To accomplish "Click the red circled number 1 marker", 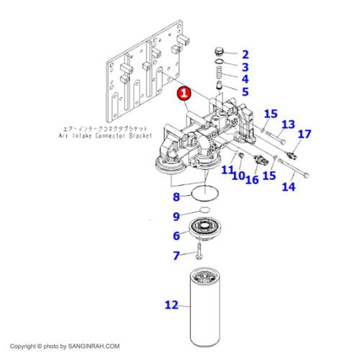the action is click(x=184, y=93).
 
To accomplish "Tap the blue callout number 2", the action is click(x=245, y=55).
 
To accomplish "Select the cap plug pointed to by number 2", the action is click(x=219, y=52).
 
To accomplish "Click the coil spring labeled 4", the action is click(x=218, y=72).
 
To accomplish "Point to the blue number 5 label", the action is click(x=245, y=91).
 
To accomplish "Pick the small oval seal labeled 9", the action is click(x=205, y=210).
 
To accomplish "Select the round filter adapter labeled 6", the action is click(x=204, y=228).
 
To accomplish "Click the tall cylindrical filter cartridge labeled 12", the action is click(x=205, y=307).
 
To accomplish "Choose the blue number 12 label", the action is click(x=171, y=305).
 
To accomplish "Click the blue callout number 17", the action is click(x=305, y=134).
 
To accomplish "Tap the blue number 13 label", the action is click(x=288, y=125).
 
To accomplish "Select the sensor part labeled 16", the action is click(x=260, y=161).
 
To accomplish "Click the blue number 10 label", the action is click(x=238, y=176).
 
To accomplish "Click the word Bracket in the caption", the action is click(x=140, y=135).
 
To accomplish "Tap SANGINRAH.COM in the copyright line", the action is click(x=94, y=346).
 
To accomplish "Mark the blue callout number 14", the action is click(x=289, y=186).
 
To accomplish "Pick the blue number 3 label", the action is click(x=245, y=67).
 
